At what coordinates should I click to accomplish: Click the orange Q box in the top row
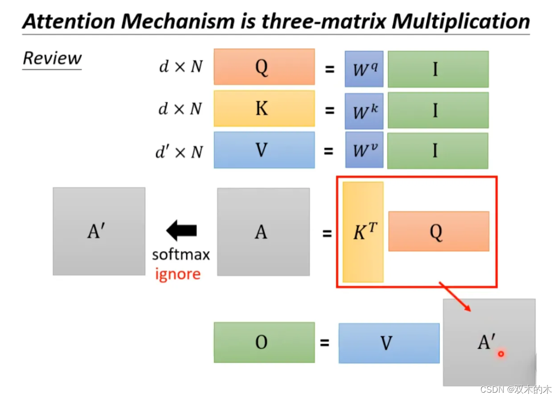pos(264,66)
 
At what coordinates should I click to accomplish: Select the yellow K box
pos(264,108)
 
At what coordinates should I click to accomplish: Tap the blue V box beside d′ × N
pos(264,150)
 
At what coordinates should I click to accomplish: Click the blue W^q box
pos(364,69)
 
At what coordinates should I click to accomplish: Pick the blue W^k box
pos(364,110)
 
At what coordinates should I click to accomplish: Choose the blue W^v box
pos(364,150)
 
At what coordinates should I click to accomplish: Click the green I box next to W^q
pos(438,69)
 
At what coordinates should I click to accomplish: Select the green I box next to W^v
pos(438,151)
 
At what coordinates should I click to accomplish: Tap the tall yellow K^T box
pos(363,232)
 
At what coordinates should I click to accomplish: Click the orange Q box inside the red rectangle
pos(438,231)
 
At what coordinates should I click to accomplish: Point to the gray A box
pos(263,231)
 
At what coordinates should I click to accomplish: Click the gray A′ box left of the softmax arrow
pos(99,231)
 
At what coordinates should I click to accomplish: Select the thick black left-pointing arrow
pos(181,230)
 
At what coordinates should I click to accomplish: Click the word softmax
pos(181,254)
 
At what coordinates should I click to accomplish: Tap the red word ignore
pos(178,274)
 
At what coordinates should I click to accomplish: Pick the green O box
pos(264,342)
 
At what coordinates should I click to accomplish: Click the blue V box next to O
pos(389,343)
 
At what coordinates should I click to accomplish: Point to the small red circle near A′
pos(501,354)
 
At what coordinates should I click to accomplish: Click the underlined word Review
pos(52,58)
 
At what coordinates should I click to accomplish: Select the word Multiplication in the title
pos(460,21)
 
